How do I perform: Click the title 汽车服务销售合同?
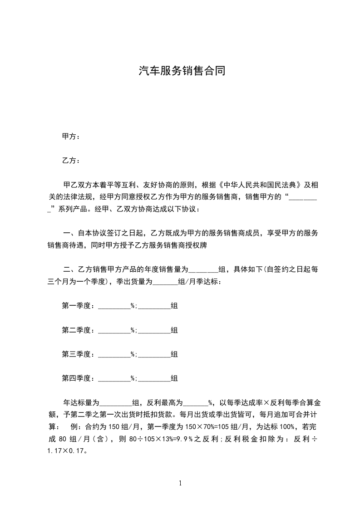182,71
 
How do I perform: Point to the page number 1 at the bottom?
180,483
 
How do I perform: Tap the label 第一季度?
78,306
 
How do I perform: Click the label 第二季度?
78,330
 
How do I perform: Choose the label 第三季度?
78,354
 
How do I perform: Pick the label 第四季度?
78,378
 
